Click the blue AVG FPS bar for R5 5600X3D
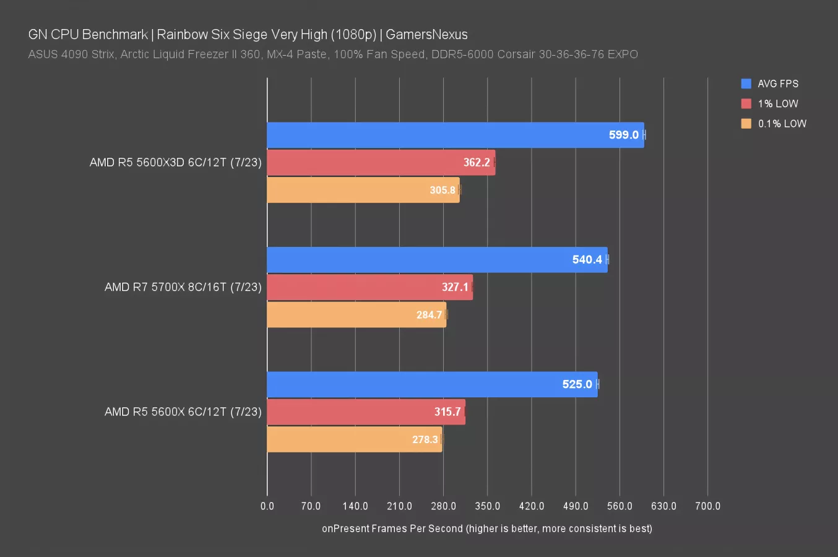433,135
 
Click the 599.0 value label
623,135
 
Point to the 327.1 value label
455,287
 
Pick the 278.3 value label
425,439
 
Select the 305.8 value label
443,190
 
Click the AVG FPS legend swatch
746,84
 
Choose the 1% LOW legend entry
777,103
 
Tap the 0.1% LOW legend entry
782,123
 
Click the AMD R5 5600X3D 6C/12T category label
175,162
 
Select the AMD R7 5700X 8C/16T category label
183,287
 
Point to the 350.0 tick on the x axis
487,506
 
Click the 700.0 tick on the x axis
707,506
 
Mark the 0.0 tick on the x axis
267,506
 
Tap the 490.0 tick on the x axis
576,506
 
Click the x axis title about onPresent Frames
486,529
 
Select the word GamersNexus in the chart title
426,35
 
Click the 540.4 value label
587,259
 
